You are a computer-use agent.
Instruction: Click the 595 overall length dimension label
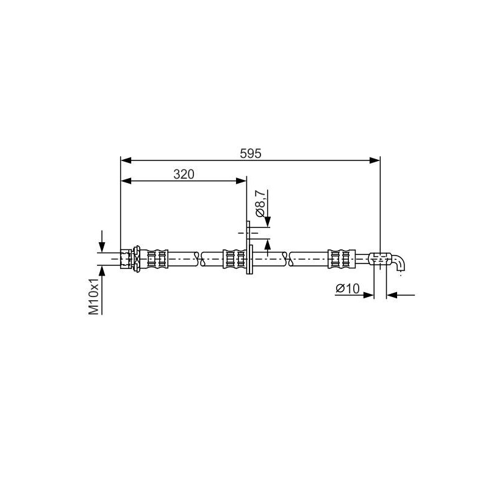(251, 154)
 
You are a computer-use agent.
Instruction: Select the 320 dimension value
(184, 174)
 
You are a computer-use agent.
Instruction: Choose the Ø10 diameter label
(347, 289)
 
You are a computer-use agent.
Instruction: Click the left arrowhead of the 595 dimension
(126, 160)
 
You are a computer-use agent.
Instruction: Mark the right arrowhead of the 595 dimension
(375, 160)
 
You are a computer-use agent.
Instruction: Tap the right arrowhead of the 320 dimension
(242, 181)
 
